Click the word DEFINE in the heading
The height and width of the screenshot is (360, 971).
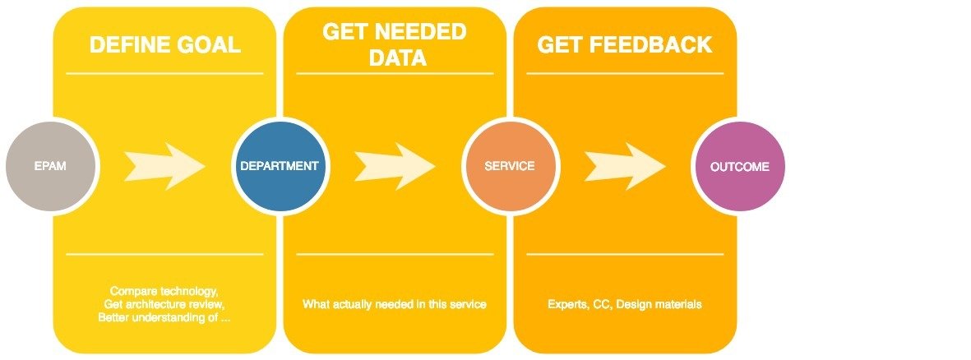[128, 45]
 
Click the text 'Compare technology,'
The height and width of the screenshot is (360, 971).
[164, 292]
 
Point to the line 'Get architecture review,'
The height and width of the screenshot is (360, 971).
[164, 305]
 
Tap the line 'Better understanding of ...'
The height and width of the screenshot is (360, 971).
[164, 318]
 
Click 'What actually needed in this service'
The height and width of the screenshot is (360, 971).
[395, 305]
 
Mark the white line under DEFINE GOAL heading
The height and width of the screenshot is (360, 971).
[164, 74]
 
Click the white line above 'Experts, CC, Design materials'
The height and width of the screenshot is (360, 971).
[625, 254]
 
